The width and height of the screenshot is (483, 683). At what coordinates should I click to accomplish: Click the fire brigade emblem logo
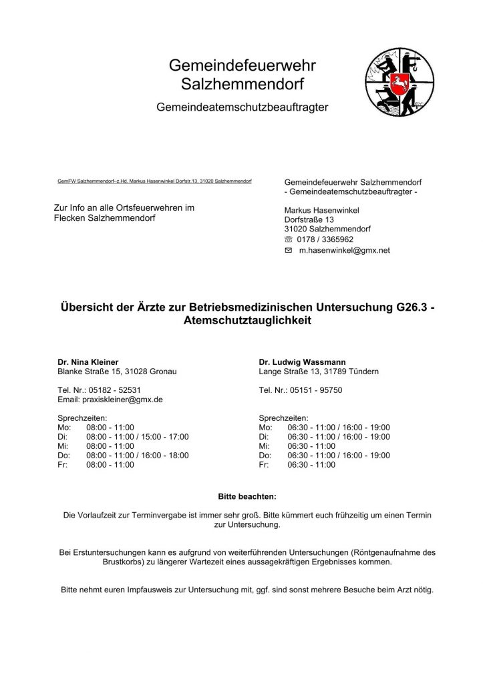click(399, 82)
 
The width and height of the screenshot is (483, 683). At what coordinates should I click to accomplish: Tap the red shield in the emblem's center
click(399, 83)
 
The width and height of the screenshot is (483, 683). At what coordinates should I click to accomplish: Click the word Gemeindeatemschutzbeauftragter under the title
click(242, 107)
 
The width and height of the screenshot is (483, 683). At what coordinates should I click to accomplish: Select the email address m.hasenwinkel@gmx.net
click(344, 250)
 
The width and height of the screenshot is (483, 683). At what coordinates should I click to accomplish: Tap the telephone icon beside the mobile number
click(289, 239)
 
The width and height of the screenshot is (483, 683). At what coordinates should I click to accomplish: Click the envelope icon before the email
click(289, 250)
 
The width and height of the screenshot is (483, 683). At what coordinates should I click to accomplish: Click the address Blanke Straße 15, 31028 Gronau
click(117, 372)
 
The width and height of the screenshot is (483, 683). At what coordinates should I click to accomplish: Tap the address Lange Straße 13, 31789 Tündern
click(319, 372)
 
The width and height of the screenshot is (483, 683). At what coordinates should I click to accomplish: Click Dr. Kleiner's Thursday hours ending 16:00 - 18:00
click(137, 456)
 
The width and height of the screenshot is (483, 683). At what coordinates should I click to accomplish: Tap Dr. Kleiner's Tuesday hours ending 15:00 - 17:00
click(137, 437)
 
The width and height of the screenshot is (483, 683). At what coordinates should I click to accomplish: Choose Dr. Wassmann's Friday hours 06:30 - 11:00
click(311, 465)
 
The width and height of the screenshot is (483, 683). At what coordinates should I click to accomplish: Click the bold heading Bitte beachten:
click(247, 497)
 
